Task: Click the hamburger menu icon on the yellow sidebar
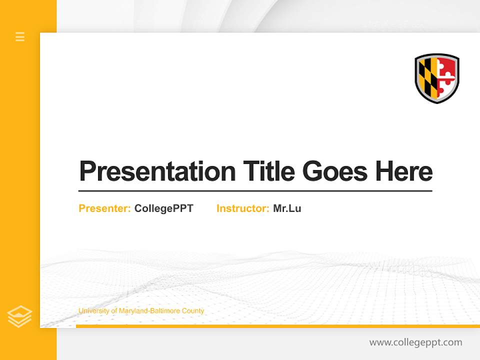pos(20,36)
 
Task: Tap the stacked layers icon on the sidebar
pos(19,316)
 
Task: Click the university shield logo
pos(437,78)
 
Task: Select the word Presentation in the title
pos(157,171)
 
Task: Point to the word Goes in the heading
pos(335,171)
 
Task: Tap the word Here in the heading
pos(403,171)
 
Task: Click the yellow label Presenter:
pos(104,208)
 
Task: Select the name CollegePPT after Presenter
pos(163,208)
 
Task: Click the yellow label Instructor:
pos(242,208)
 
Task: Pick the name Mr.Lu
pos(287,208)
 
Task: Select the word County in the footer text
pos(192,311)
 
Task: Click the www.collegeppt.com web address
pos(415,342)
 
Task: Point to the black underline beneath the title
pos(255,190)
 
